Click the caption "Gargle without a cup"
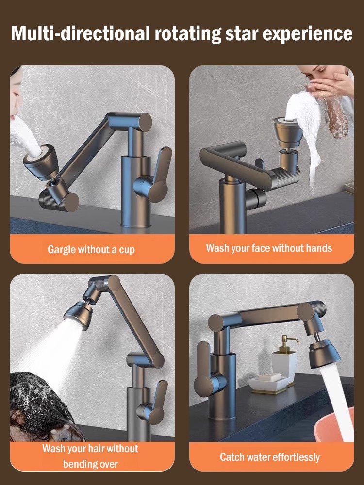91,250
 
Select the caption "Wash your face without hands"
269,248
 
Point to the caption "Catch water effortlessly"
270,457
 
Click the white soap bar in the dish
269,377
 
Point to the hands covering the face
332,87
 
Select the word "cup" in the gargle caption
127,250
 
